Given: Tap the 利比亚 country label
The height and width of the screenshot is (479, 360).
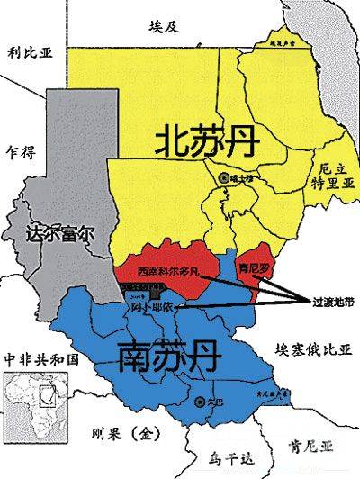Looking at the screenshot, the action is [31, 53].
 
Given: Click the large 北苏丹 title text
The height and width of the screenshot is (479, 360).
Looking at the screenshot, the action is [203, 142].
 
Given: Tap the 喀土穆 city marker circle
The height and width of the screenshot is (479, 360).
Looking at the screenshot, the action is [224, 178].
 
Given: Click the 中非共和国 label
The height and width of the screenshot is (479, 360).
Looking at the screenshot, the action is [41, 357].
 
